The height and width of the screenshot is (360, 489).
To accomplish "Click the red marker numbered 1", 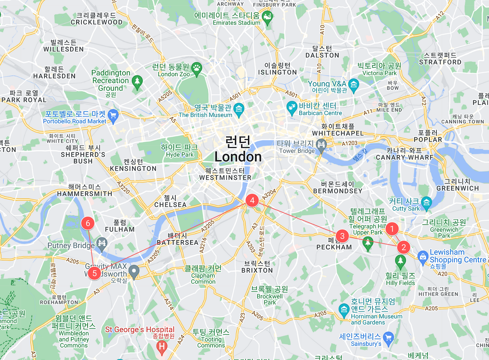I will tap(392, 229).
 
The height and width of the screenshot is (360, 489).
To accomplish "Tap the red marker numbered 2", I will tap(403, 247).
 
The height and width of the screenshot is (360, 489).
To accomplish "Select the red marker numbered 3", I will tap(342, 236).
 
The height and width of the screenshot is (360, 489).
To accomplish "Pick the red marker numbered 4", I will tap(252, 200).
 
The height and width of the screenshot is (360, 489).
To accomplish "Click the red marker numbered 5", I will tap(94, 273).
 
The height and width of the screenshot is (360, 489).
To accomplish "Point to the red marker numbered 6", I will tap(88, 223).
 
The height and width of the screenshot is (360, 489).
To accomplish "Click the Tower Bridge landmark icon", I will tap(321, 145).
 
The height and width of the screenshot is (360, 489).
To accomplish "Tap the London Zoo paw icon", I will tap(196, 68).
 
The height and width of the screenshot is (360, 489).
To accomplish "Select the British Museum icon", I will tap(239, 108).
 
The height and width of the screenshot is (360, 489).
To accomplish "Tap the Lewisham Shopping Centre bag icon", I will tap(423, 256).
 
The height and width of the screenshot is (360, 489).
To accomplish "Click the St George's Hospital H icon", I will tap(162, 346).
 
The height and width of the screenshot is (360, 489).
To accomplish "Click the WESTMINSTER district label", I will tap(225, 178).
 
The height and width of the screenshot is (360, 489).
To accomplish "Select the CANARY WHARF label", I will tap(405, 157).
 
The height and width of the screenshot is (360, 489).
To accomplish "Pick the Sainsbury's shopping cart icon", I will tap(388, 337).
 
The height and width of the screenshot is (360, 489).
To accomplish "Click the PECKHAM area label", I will tap(334, 247).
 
